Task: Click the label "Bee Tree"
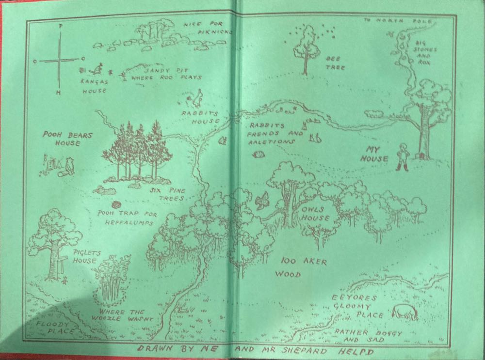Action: click(335, 63)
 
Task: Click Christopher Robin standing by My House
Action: click(402, 156)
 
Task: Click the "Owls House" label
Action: click(315, 214)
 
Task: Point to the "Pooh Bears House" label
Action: click(61, 139)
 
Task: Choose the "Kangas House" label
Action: click(95, 86)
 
